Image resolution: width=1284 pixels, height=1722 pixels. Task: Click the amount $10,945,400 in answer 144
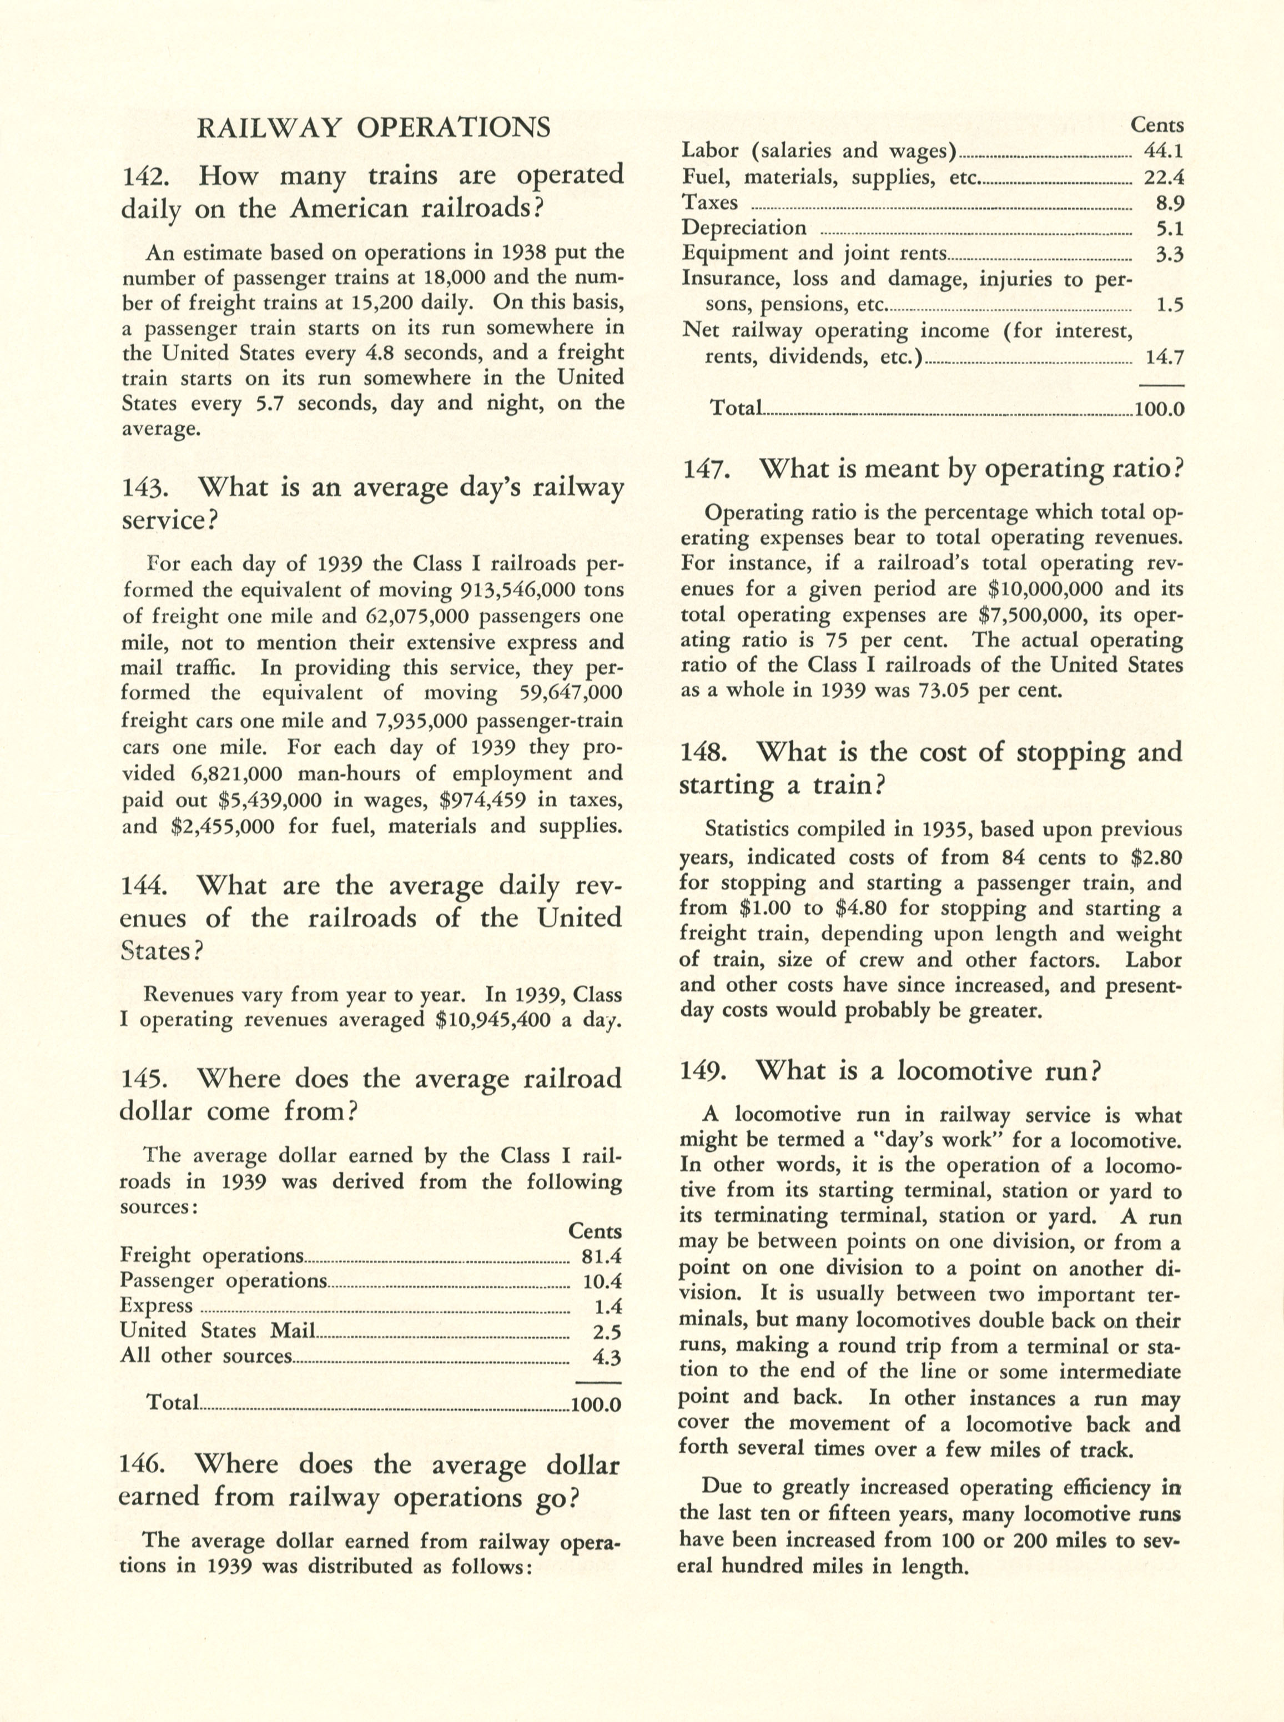coord(494,1020)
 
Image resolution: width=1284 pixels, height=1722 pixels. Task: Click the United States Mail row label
coord(218,1331)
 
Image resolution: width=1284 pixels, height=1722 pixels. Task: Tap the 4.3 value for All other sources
coord(606,1357)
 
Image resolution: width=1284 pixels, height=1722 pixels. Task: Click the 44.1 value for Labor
coord(1164,152)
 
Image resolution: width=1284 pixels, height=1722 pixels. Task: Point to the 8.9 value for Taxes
coord(1170,203)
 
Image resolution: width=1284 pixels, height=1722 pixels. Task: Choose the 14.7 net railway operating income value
coord(1164,358)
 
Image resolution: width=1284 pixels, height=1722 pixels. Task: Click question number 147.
coord(705,471)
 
